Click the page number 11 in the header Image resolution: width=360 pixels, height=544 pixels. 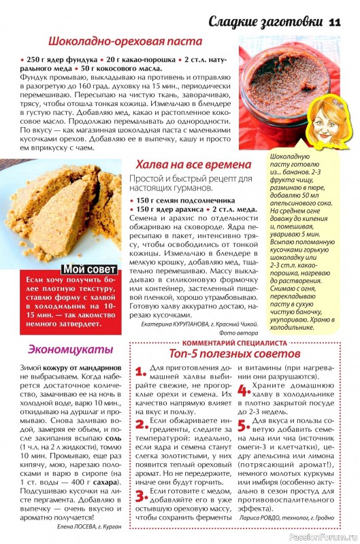coord(334,22)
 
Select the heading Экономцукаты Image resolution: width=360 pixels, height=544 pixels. coord(61,349)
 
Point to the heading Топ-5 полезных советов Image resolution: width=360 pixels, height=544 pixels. coord(234,354)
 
